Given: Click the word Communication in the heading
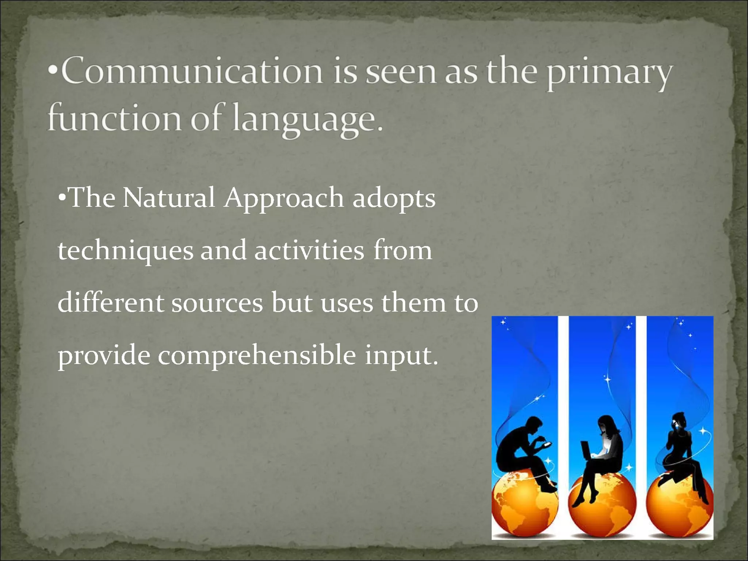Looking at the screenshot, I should pos(192,71).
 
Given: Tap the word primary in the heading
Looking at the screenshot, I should pos(609,73).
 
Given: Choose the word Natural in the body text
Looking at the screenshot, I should pos(168,198).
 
